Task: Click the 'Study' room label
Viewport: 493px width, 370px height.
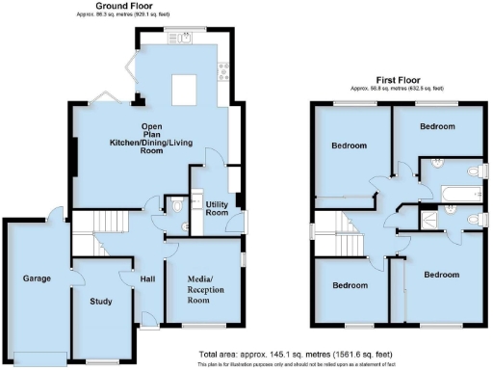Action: pyautogui.click(x=100, y=302)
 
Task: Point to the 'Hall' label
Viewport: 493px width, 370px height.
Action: pyautogui.click(x=147, y=279)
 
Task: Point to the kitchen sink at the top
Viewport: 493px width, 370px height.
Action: pyautogui.click(x=181, y=39)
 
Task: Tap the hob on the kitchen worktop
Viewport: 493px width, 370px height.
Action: pyautogui.click(x=222, y=69)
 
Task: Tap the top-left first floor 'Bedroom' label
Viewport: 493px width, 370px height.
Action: pyautogui.click(x=349, y=146)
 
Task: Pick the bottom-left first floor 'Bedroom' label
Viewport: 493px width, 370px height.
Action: pyautogui.click(x=350, y=285)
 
